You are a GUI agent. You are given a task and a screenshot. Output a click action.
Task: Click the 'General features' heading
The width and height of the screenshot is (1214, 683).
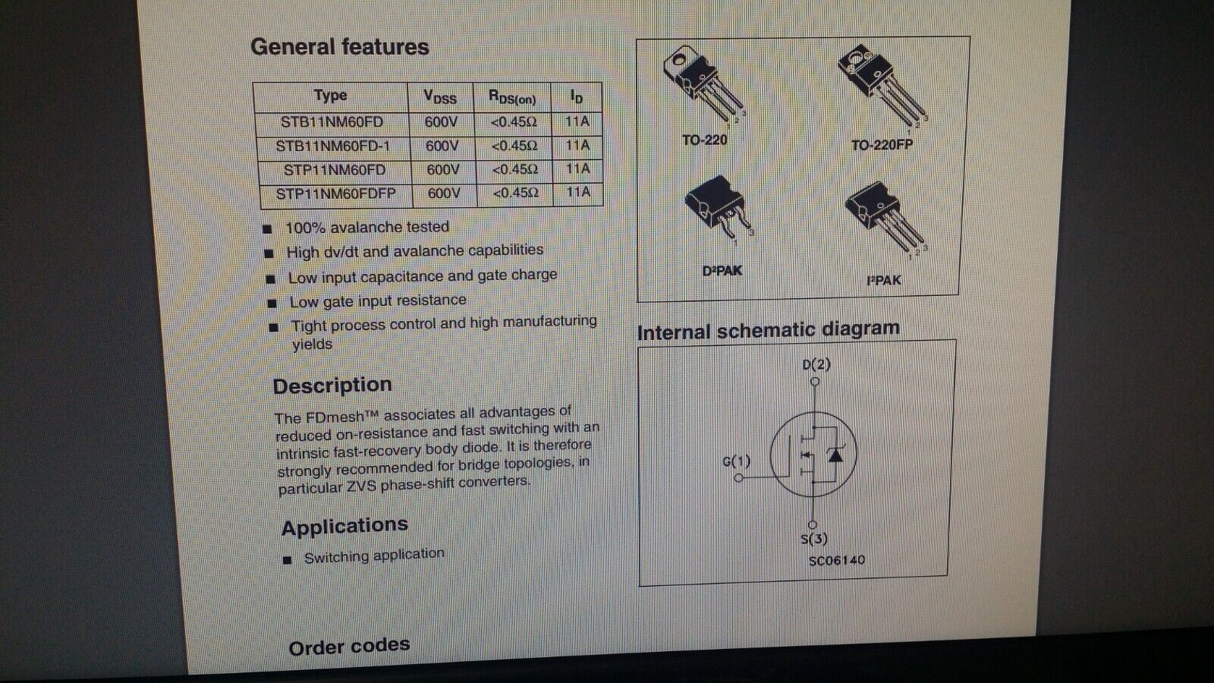coord(340,47)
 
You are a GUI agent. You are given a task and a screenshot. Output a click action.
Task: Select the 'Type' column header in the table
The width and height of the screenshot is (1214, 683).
coord(330,96)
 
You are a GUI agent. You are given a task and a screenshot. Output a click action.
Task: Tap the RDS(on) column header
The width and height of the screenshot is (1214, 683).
coord(512,98)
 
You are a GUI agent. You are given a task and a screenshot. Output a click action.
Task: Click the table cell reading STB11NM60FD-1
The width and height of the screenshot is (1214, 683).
coord(333,146)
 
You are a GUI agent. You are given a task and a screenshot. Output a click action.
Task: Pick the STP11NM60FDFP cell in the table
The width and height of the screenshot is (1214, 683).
coord(336,194)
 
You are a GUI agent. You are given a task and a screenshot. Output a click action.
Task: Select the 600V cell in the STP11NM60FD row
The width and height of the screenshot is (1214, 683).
coord(443,170)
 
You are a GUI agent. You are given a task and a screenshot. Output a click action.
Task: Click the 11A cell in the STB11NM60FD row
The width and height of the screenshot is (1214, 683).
coord(577,121)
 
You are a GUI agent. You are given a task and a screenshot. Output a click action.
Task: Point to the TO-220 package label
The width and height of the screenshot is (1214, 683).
coord(705,140)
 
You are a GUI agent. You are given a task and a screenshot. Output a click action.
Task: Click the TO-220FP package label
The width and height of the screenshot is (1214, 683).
coord(882,145)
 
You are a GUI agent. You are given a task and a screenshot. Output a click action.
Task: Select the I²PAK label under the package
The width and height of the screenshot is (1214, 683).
coord(883,280)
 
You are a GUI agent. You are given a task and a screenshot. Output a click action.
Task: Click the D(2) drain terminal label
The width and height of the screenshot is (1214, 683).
coord(816,364)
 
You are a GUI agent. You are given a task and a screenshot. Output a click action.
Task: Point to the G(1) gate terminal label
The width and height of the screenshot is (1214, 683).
coord(737,461)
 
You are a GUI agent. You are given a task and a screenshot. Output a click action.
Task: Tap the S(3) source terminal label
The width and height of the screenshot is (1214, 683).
coord(814,539)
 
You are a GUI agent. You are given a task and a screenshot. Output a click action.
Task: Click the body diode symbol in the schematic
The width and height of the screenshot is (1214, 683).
coord(835,455)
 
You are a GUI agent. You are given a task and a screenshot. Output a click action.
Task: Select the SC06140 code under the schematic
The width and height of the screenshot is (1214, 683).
coord(837,560)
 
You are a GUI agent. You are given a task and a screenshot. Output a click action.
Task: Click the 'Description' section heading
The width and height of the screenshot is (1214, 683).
coord(332,386)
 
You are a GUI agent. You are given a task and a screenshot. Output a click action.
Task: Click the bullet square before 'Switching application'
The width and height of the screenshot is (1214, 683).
coord(288,559)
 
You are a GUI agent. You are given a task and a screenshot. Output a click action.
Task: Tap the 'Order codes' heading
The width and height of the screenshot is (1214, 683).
coord(349,646)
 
